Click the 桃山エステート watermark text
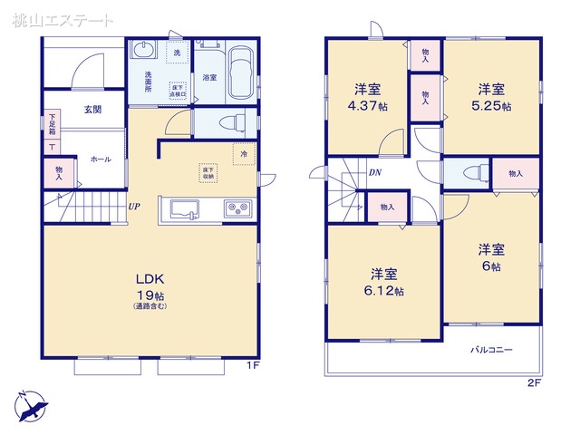[x=64, y=19]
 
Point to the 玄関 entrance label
[x=93, y=110]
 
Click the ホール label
[x=100, y=159]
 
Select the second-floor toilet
[x=470, y=174]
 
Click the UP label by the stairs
[x=133, y=206]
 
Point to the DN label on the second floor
[x=374, y=172]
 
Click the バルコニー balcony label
[x=491, y=349]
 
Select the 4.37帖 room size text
[x=367, y=105]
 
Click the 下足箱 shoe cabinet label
[x=53, y=123]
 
